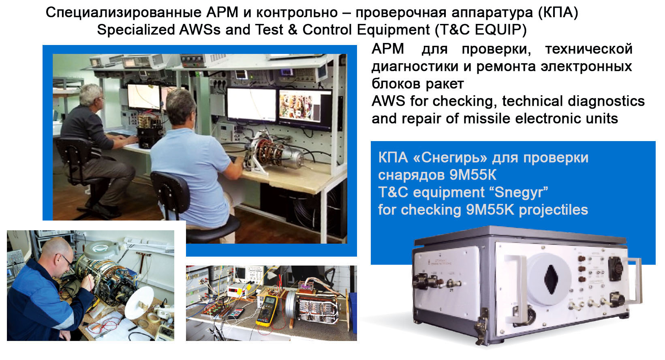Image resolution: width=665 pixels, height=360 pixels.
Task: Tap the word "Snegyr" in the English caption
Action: click(521, 192)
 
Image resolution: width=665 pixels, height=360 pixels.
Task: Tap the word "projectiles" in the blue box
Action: click(554, 210)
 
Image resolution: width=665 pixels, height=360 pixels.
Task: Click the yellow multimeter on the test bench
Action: click(267, 311)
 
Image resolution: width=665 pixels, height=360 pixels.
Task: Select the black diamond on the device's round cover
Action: click(551, 279)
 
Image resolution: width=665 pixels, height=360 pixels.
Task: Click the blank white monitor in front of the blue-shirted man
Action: click(252, 105)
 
